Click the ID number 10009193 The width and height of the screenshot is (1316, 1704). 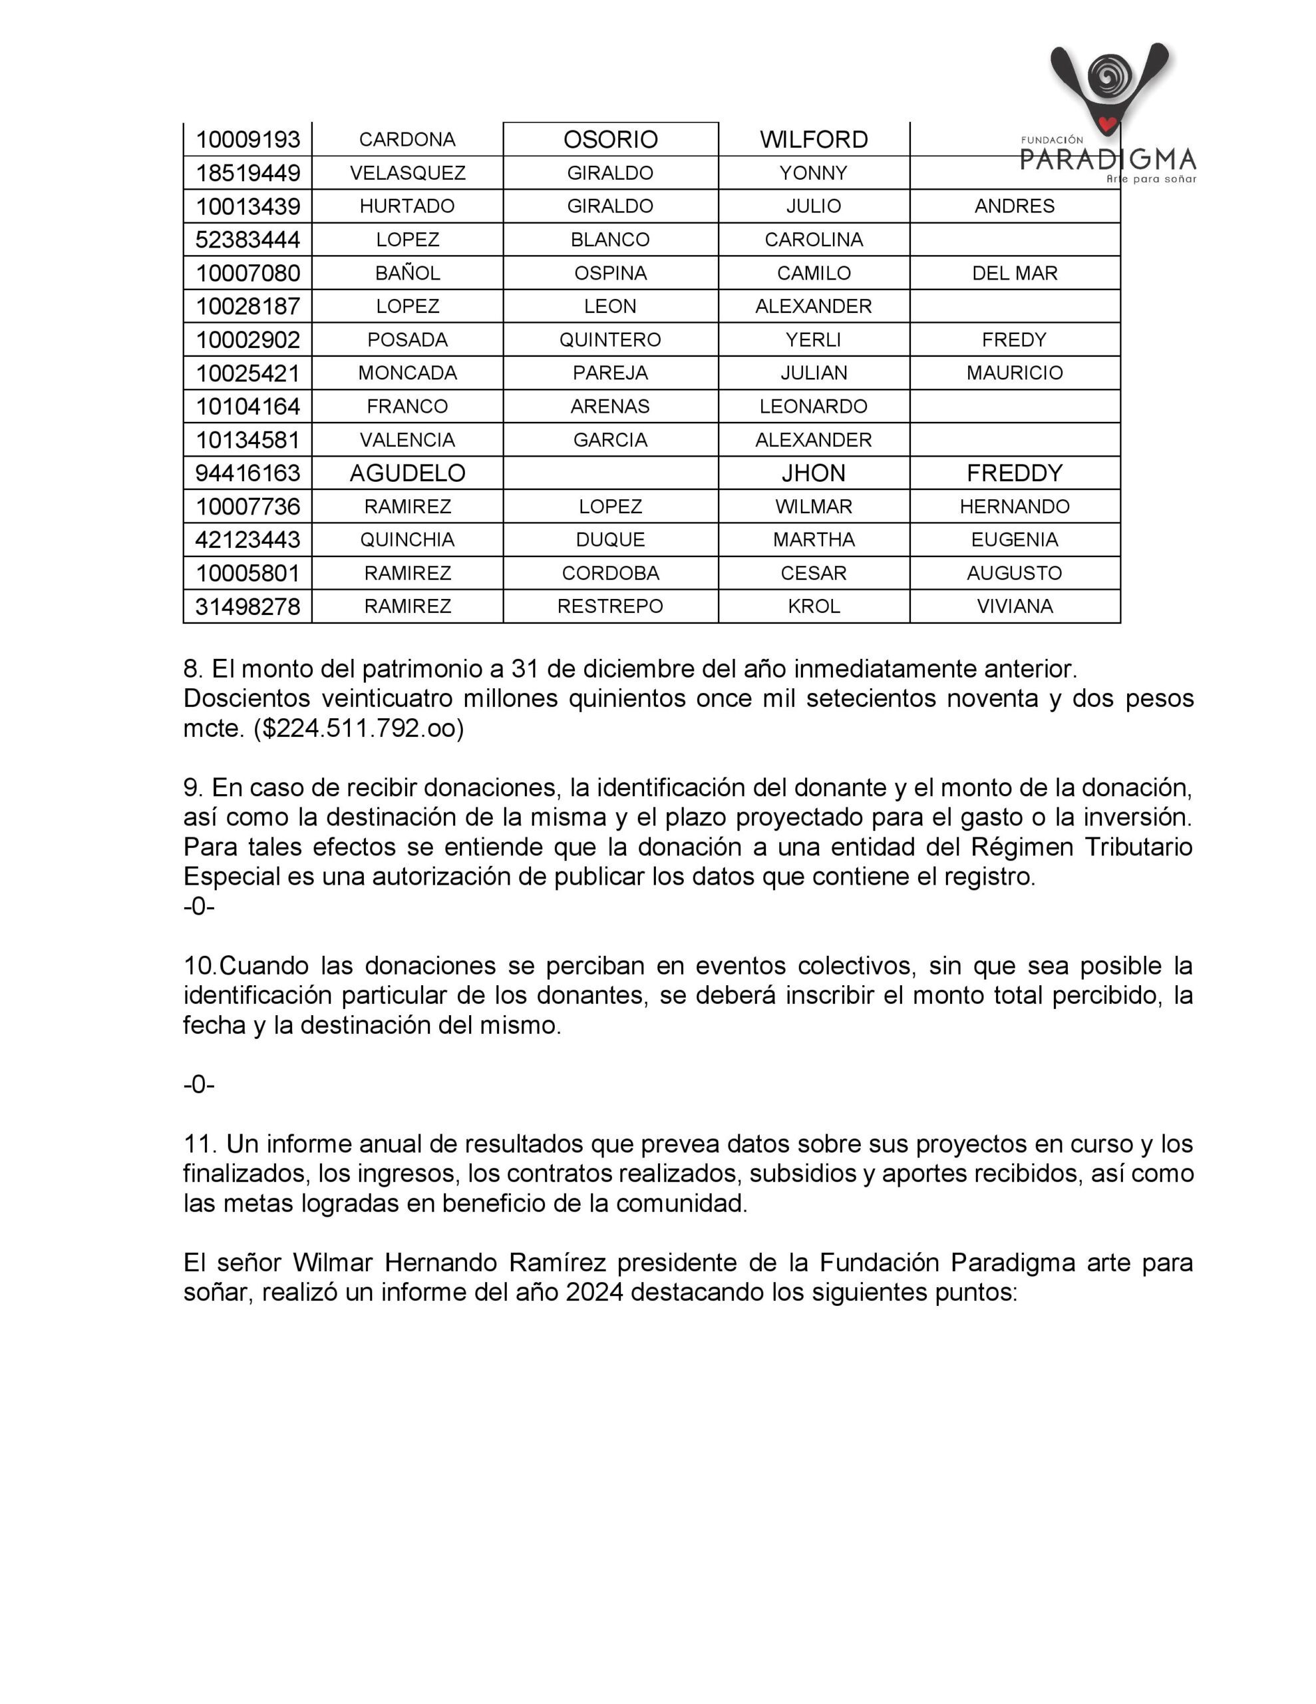pos(247,140)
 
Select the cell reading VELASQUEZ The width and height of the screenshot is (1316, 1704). pos(407,172)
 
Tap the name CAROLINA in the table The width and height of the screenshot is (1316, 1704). pos(813,240)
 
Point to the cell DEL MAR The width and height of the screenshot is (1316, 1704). pos(1014,273)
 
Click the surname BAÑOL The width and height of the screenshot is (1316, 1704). pos(407,273)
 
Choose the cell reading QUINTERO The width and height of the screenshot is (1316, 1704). pos(610,339)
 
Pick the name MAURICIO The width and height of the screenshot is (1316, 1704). pos(1014,373)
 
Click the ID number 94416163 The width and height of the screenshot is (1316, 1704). pos(247,473)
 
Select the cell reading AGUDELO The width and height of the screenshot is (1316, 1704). pos(407,473)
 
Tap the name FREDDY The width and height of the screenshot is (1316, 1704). pos(1014,473)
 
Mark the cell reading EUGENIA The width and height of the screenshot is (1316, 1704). pos(1014,539)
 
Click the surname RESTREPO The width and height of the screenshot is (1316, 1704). pos(610,606)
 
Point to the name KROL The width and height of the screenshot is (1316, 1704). pos(813,606)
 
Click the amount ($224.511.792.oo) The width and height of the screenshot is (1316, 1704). pos(359,728)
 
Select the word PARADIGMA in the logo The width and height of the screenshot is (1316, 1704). pos(1108,160)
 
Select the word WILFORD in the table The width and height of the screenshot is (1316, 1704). pos(813,140)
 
